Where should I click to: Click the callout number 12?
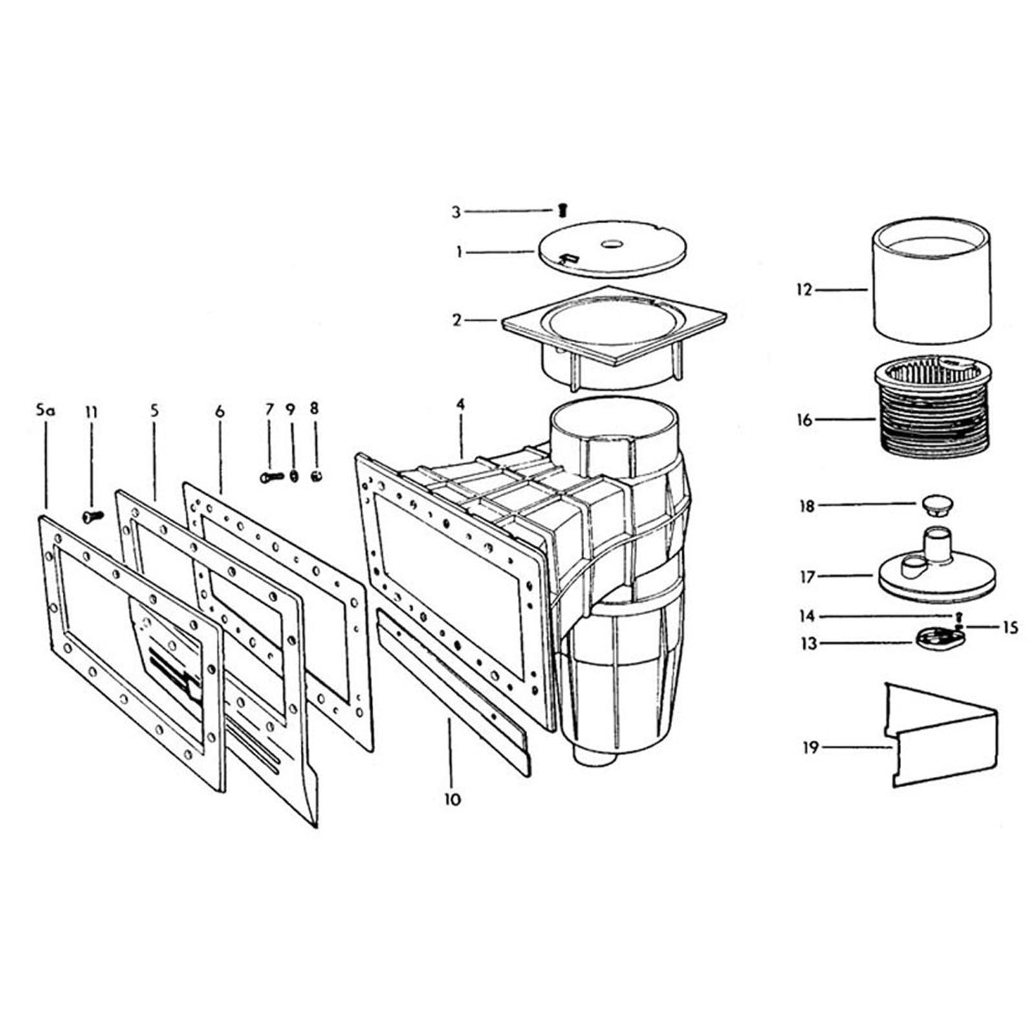803,290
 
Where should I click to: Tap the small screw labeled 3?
562,210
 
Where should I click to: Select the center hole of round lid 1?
612,245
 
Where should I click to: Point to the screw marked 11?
93,516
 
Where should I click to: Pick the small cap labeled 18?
933,505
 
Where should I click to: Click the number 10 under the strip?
452,799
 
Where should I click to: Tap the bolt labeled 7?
271,477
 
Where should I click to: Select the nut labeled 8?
316,477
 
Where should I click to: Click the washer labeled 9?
293,477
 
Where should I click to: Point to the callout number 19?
811,747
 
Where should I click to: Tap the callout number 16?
804,420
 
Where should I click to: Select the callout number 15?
1010,627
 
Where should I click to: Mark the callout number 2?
457,320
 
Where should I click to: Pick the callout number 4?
460,404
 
